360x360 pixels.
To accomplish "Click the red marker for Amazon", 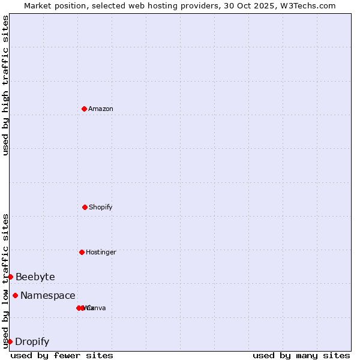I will point(85,109).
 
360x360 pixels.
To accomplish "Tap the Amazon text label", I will point(101,109).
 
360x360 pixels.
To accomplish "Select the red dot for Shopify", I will point(85,207).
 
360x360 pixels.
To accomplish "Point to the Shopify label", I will point(101,208).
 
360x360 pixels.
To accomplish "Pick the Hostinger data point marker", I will point(82,252).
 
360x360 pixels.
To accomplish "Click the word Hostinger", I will point(101,253).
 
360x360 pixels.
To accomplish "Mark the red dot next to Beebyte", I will point(10,277).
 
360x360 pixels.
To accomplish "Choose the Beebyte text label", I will point(35,277).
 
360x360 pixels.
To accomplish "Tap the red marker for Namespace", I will point(15,295).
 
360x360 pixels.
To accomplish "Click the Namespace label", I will point(48,296).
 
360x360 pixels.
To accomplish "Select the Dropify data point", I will point(10,341).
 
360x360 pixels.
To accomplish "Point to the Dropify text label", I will point(32,342).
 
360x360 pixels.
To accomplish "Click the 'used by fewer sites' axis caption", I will point(62,355).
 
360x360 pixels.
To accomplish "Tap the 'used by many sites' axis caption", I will point(301,355).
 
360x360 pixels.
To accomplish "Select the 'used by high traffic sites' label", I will point(5,85).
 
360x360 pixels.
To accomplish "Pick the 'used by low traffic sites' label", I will point(5,281).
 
